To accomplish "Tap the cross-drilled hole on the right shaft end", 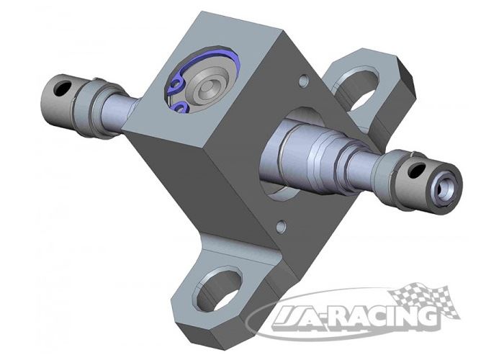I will point(417,171).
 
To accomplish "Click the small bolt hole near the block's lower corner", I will point(282,225).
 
